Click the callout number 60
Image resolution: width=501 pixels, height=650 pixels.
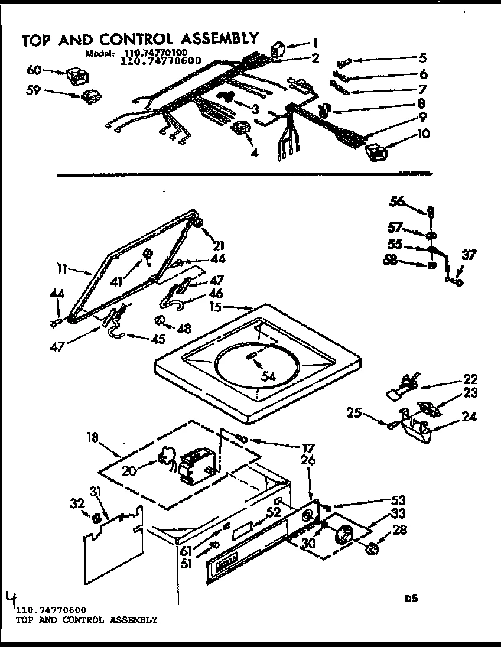(34, 70)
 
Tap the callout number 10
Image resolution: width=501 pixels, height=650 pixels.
(423, 134)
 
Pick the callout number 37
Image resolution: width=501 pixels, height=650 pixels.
(468, 256)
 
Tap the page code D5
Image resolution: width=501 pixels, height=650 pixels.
(411, 598)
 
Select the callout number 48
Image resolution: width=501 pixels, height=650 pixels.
(185, 328)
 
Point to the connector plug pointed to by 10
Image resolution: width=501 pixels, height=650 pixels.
(375, 152)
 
